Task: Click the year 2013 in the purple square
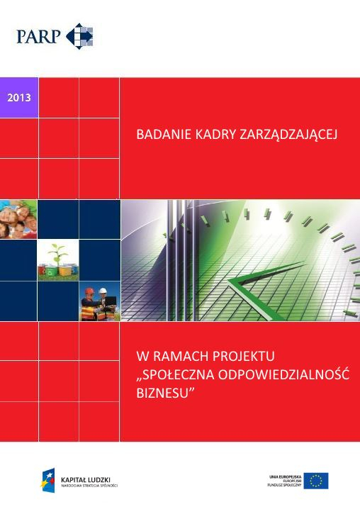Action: click(x=19, y=97)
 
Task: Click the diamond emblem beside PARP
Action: click(x=79, y=36)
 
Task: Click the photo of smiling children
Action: click(x=18, y=219)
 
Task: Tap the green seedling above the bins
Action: click(x=57, y=252)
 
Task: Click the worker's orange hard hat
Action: click(x=89, y=291)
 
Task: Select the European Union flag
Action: click(x=316, y=480)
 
